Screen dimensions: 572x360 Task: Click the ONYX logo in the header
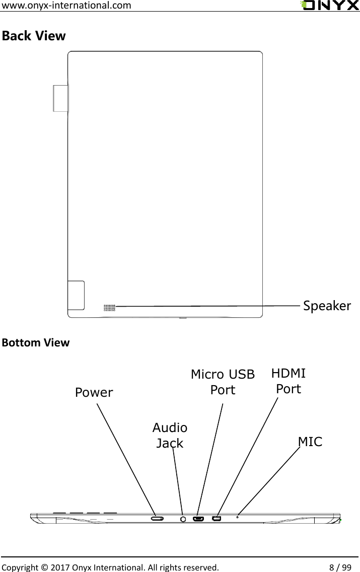pos(329,6)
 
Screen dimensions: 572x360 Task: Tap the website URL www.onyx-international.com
pos(67,6)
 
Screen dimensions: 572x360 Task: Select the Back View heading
pos(34,36)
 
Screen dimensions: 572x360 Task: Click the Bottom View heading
pos(36,343)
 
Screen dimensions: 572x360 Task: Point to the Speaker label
pos(327,306)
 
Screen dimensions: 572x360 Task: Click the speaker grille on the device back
pos(109,307)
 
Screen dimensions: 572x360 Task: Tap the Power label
pos(94,393)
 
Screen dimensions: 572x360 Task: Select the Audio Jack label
pos(170,436)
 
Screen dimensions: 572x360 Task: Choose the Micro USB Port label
pos(223,382)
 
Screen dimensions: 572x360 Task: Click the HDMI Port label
pos(289,381)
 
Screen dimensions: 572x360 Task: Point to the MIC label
pos(310,442)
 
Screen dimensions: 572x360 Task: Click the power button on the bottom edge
pos(158,518)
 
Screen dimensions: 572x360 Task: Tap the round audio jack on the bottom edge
pos(183,518)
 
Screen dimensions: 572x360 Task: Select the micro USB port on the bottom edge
pos(198,518)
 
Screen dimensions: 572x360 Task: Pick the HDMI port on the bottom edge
pos(217,518)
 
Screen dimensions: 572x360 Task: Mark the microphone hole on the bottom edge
pos(237,517)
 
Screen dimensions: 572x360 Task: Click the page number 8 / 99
pos(337,566)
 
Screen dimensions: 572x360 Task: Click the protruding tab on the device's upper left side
pos(60,98)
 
